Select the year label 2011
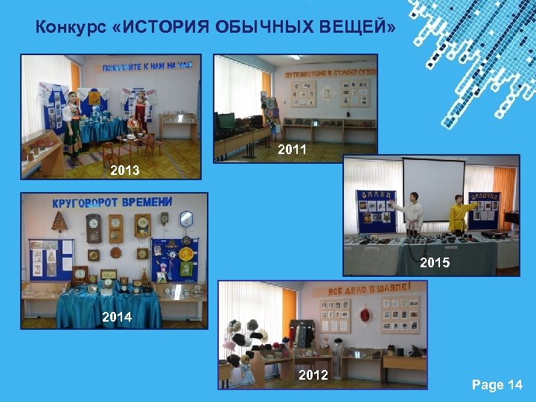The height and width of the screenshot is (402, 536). click(292, 150)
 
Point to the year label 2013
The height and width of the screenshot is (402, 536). click(125, 170)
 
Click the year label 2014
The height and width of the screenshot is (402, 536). click(116, 316)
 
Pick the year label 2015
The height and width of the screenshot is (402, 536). click(435, 262)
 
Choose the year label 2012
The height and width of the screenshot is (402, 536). click(313, 374)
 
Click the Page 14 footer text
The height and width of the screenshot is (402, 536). click(497, 385)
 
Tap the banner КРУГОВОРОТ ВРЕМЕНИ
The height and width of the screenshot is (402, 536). click(112, 202)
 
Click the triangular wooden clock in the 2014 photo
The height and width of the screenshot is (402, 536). click(59, 223)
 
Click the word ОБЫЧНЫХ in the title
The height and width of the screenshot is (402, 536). click(252, 28)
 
